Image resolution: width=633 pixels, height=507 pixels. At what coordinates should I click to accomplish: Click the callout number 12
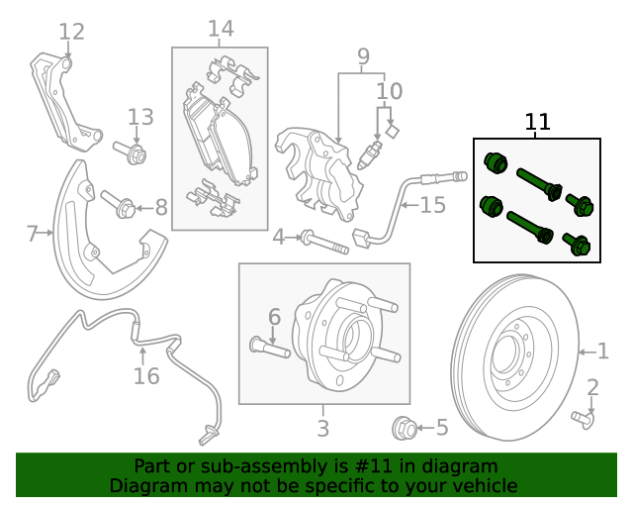(71, 32)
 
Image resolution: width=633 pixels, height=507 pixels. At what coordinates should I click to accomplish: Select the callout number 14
(220, 29)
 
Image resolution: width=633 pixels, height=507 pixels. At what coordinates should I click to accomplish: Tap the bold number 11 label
(537, 122)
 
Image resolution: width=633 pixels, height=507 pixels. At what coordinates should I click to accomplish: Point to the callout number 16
(145, 375)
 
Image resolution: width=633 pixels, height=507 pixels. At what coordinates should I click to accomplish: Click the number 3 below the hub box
(322, 429)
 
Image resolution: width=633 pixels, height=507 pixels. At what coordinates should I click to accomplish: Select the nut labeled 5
(404, 428)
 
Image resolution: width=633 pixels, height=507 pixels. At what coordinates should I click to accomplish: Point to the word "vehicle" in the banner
(484, 485)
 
